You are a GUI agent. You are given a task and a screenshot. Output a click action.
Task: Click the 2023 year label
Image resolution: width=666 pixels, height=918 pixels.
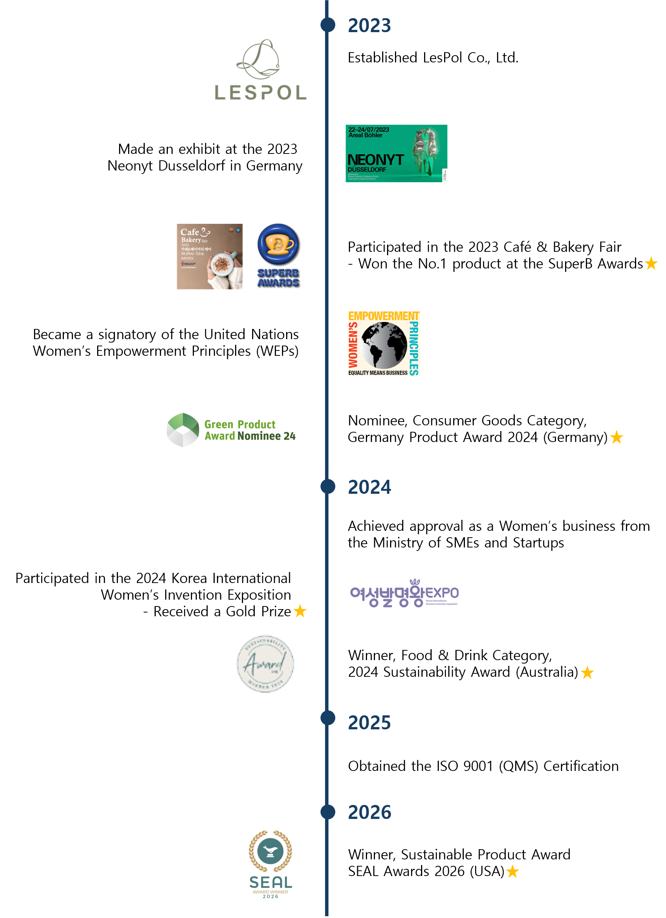[369, 25]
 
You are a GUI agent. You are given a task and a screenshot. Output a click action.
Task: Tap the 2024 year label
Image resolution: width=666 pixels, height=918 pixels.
[369, 487]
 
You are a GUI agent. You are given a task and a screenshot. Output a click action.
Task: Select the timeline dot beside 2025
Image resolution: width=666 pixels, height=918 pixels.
[328, 718]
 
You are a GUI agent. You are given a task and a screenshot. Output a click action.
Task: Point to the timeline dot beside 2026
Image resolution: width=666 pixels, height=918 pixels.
[328, 811]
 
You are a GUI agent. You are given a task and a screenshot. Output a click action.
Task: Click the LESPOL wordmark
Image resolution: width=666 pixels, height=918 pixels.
[260, 93]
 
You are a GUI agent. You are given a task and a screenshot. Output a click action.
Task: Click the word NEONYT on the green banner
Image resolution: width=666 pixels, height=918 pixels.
[375, 160]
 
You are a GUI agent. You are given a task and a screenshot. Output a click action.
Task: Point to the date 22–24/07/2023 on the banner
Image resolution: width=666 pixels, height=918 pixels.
[369, 130]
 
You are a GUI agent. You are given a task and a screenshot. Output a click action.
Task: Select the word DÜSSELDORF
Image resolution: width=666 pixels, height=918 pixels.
[367, 170]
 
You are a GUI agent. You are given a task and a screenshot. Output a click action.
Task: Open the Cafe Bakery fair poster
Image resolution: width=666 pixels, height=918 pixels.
[210, 256]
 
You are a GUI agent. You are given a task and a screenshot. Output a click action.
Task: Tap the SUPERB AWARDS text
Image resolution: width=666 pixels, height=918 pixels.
[278, 278]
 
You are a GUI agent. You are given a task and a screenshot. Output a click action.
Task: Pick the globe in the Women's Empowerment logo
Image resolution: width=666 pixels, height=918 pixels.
[384, 345]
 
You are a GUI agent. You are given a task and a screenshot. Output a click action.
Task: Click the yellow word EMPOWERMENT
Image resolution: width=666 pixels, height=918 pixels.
[384, 316]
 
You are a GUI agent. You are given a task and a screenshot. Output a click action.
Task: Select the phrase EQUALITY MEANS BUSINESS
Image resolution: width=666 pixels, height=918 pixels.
[378, 373]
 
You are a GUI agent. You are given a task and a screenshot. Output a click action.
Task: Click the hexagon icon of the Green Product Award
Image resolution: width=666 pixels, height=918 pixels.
[183, 430]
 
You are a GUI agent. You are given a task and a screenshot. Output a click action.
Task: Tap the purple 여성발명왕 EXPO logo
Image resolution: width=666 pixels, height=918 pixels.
[404, 593]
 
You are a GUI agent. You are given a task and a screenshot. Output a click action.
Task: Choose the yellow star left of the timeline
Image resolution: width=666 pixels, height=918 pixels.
[300, 611]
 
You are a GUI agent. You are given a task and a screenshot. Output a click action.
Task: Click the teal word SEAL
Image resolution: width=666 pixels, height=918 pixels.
[270, 882]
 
